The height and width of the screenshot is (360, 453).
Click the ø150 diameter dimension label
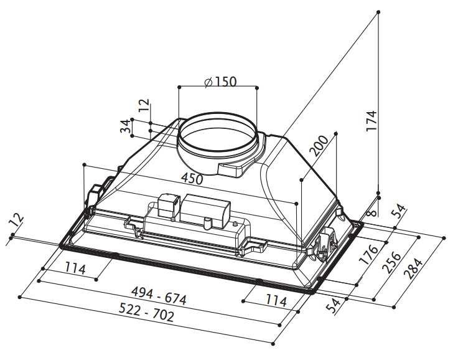220,82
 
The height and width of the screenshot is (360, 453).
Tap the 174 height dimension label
372,121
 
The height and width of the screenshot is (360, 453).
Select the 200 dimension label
319,146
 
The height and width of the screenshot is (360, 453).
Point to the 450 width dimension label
192,179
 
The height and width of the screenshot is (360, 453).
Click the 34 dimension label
126,126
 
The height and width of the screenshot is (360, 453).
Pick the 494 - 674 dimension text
159,296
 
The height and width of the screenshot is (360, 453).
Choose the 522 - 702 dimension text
147,312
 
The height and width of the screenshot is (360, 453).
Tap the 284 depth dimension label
414,268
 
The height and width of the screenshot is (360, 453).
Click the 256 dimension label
392,263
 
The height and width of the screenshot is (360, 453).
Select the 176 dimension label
368,255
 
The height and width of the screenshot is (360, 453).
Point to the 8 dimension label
373,212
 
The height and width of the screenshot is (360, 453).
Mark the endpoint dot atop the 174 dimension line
378,12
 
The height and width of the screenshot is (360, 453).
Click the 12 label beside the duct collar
144,105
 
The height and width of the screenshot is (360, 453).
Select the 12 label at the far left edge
16,220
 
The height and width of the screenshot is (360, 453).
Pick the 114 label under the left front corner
75,268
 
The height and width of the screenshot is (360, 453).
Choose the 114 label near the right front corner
276,301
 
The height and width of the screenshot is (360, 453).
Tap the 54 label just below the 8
398,212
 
